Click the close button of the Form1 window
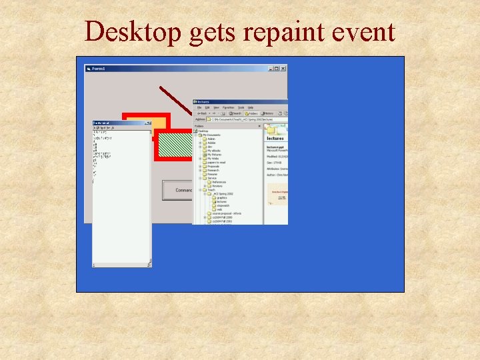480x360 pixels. coord(283,68)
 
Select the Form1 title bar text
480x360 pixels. coord(99,68)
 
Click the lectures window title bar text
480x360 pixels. coord(203,102)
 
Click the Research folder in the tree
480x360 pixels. coord(213,170)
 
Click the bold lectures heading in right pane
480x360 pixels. coord(275,139)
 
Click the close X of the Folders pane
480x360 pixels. coord(259,125)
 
